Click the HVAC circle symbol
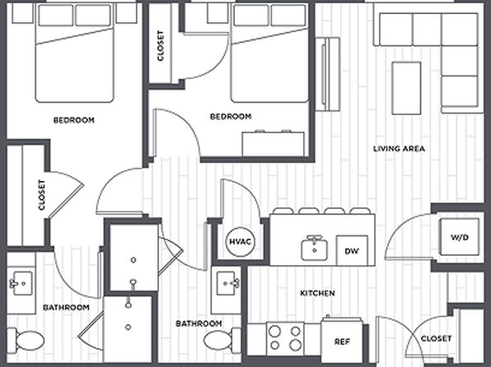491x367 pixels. pyautogui.click(x=241, y=242)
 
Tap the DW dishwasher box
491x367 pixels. pyautogui.click(x=352, y=251)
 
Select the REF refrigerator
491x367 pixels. pyautogui.click(x=342, y=341)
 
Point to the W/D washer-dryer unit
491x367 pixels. pyautogui.click(x=459, y=237)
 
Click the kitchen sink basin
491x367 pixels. pyautogui.click(x=314, y=249)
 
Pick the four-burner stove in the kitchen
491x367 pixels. pyautogui.click(x=285, y=338)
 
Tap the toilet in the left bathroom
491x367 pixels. pyautogui.click(x=26, y=340)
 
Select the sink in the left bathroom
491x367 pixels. pyautogui.click(x=21, y=283)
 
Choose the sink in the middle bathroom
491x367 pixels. pyautogui.click(x=228, y=283)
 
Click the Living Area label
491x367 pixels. pyautogui.click(x=399, y=149)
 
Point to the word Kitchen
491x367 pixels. pyautogui.click(x=317, y=293)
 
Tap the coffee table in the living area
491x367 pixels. pyautogui.click(x=406, y=88)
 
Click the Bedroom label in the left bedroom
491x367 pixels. pyautogui.click(x=74, y=120)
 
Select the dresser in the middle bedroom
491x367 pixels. pyautogui.click(x=274, y=144)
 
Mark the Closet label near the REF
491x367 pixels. pyautogui.click(x=436, y=338)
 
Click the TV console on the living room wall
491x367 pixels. pyautogui.click(x=328, y=74)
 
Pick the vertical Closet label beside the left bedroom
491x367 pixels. pyautogui.click(x=42, y=194)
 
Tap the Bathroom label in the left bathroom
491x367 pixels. pyautogui.click(x=66, y=308)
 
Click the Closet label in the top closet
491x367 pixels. pyautogui.click(x=161, y=45)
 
